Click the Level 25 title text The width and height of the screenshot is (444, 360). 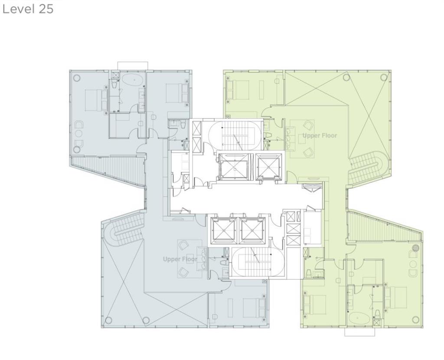pos(28,9)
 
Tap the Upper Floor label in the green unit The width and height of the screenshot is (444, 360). pos(320,136)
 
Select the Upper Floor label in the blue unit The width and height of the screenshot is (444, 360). pos(180,259)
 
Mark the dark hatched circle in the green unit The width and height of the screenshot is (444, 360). pos(415,248)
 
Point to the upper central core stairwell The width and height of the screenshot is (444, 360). pos(235,135)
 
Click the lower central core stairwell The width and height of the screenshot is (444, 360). pos(258,262)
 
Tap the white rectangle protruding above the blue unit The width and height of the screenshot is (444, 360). pos(133,66)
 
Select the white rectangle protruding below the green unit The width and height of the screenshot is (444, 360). pos(359,332)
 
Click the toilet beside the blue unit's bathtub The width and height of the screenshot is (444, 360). pos(114,84)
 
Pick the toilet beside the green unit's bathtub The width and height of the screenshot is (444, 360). pos(377,314)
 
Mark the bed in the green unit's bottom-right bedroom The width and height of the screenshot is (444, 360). pos(395,298)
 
